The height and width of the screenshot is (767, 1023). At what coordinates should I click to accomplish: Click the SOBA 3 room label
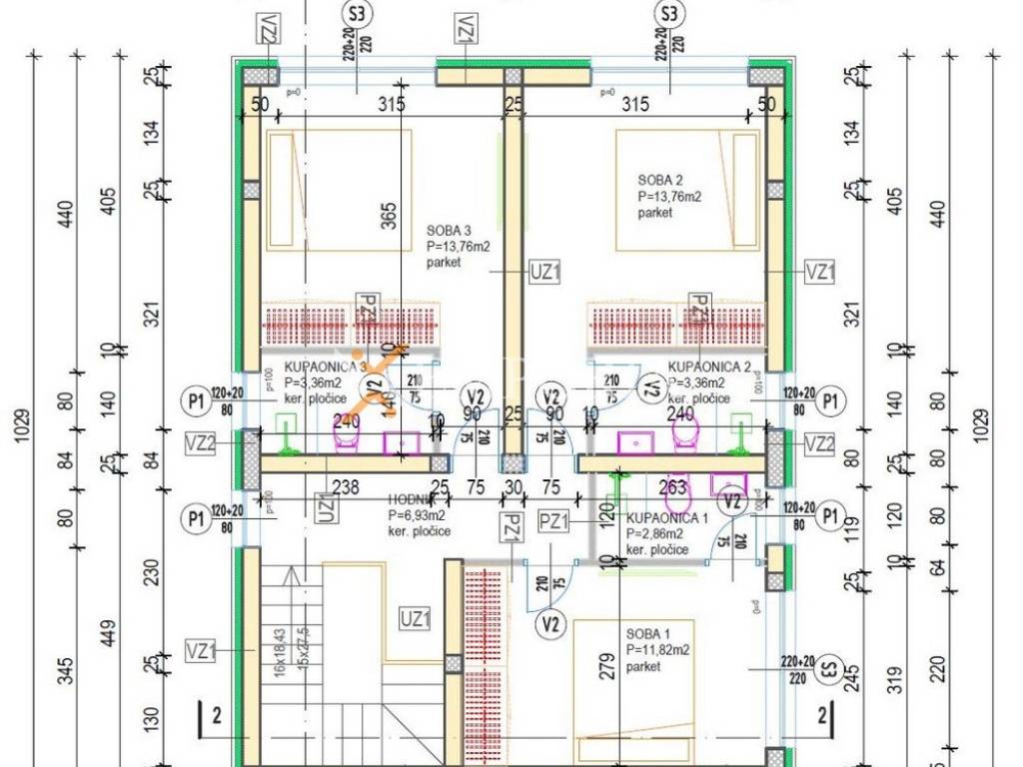449,229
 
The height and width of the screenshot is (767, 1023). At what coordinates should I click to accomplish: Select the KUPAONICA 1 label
667,518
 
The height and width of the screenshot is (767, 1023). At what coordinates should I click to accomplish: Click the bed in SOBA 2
687,190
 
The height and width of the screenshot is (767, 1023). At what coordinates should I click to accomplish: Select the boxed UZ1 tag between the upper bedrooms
545,270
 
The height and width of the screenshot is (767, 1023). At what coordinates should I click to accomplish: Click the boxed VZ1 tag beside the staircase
201,651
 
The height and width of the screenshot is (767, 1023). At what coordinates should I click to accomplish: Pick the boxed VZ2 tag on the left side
200,442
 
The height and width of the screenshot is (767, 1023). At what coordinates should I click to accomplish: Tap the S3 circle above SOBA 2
668,14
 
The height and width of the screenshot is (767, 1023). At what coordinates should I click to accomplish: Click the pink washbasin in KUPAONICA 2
634,441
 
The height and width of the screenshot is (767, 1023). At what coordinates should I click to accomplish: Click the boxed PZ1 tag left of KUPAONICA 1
552,519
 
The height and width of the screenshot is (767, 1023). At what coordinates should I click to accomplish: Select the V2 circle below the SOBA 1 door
548,626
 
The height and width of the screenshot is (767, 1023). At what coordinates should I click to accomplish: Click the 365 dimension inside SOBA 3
389,213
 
